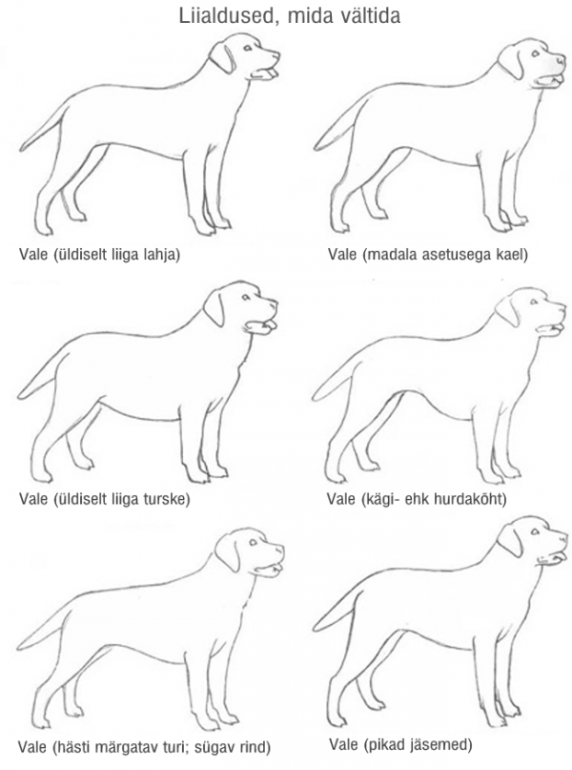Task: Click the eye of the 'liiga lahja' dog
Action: (248, 48)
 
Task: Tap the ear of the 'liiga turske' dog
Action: (214, 308)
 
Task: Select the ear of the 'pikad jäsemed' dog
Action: (510, 541)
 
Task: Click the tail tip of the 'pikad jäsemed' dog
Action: (315, 628)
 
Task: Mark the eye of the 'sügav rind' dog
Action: (253, 543)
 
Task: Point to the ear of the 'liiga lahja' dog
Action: (223, 58)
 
